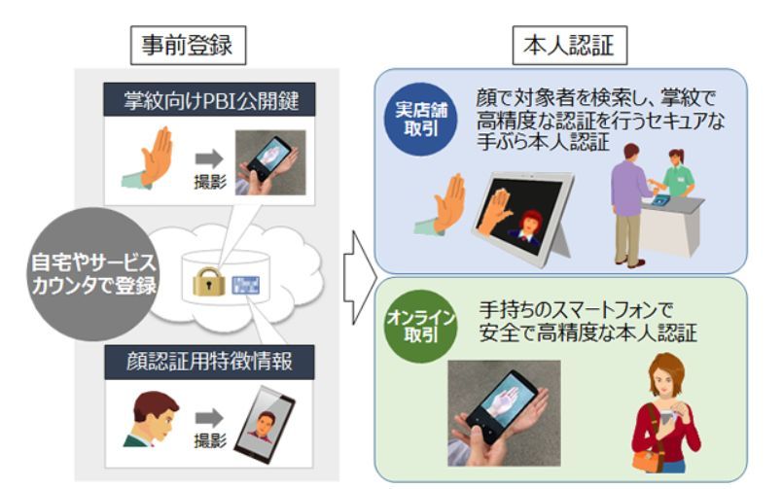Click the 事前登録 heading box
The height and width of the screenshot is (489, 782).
[188, 45]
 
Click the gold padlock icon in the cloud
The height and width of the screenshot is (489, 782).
[209, 282]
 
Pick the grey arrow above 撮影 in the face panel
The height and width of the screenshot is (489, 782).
[207, 417]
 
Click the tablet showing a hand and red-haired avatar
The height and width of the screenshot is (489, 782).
[524, 215]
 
